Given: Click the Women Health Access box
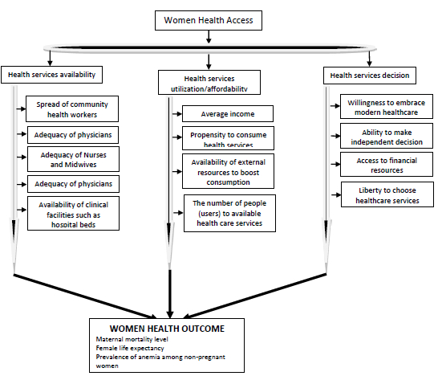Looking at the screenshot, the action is point(209,20).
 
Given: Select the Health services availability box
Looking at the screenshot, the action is point(51,75).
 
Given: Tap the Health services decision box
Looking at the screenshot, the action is point(370,76).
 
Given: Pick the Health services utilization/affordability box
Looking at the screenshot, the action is point(209,82).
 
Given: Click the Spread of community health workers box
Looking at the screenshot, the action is point(72,108).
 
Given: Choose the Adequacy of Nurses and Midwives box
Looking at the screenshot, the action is point(73,159).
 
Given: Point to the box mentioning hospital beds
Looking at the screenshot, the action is point(73,214).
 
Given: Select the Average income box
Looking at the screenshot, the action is point(228,113).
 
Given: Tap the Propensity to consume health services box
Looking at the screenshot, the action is point(228,138).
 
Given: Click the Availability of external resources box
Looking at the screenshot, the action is point(228,171).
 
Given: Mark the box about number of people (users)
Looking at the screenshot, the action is point(229,213).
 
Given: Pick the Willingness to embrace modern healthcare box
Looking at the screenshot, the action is point(387,107).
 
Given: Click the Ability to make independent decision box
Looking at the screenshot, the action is point(387,136).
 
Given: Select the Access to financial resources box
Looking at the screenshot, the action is point(387,165).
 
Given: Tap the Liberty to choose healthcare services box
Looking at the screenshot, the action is point(387,194).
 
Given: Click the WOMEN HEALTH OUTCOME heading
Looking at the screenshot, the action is point(167,329).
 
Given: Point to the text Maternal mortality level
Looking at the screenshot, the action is point(132,339).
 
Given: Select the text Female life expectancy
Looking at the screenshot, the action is point(130,349).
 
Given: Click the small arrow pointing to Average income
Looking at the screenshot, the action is point(177,114).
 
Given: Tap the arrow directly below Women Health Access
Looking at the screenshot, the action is point(209,37).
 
